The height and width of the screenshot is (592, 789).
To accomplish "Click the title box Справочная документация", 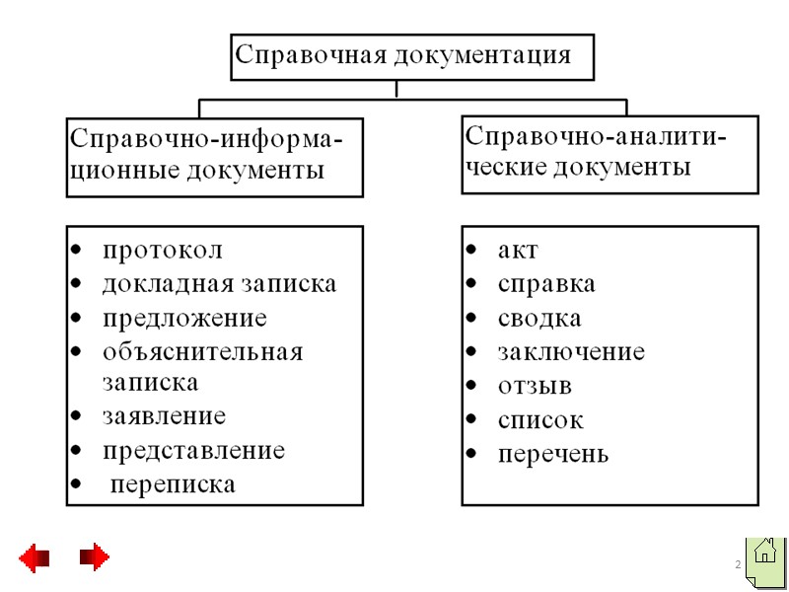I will pyautogui.click(x=412, y=55).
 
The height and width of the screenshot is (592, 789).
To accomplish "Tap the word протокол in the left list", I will pyautogui.click(x=163, y=251).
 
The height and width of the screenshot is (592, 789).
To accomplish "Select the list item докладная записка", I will pyautogui.click(x=219, y=284).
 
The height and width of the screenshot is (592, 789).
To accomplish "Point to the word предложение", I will pyautogui.click(x=184, y=319).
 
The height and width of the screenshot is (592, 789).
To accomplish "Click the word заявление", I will pyautogui.click(x=164, y=415).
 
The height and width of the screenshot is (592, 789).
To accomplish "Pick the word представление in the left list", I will pyautogui.click(x=193, y=451).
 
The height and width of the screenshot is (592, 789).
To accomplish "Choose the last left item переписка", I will pyautogui.click(x=173, y=484).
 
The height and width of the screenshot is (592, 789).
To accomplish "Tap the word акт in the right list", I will pyautogui.click(x=518, y=251).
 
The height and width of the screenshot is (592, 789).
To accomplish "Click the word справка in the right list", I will pyautogui.click(x=546, y=285).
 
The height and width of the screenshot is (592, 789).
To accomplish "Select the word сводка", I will pyautogui.click(x=539, y=319).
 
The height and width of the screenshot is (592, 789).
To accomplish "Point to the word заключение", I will pyautogui.click(x=571, y=352).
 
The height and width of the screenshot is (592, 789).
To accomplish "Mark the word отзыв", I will pyautogui.click(x=535, y=386).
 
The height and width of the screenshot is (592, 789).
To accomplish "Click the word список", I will pyautogui.click(x=540, y=420).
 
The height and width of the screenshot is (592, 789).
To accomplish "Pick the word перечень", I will pyautogui.click(x=553, y=455).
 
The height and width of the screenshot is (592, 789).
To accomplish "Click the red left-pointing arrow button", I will pyautogui.click(x=35, y=557).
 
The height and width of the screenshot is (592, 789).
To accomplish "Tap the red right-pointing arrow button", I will pyautogui.click(x=95, y=557).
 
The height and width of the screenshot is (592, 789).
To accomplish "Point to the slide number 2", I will pyautogui.click(x=737, y=563).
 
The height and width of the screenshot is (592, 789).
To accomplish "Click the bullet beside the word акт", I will pyautogui.click(x=473, y=251).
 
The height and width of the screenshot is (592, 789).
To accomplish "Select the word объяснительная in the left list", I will pyautogui.click(x=202, y=352).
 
